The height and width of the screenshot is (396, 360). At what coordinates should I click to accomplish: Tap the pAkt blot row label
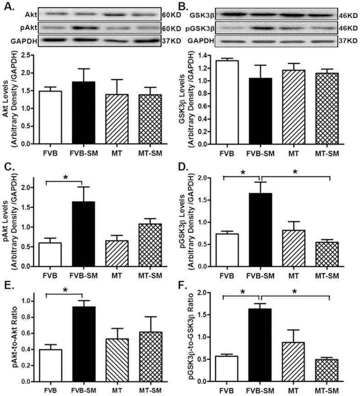pos(14,28)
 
